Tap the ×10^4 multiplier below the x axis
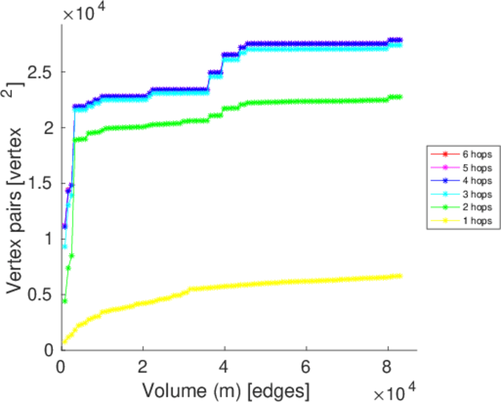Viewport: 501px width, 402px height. [x=395, y=391]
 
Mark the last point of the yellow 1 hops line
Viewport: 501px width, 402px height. [x=399, y=276]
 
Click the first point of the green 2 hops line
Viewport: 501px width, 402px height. [x=65, y=301]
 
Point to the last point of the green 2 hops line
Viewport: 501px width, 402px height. [x=399, y=97]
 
